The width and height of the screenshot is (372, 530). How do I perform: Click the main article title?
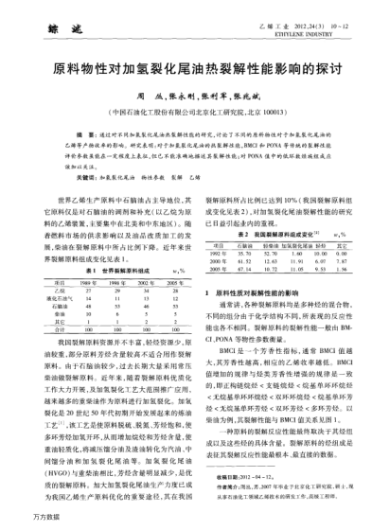click(x=186, y=71)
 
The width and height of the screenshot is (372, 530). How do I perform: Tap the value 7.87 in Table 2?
click(x=335, y=262)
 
